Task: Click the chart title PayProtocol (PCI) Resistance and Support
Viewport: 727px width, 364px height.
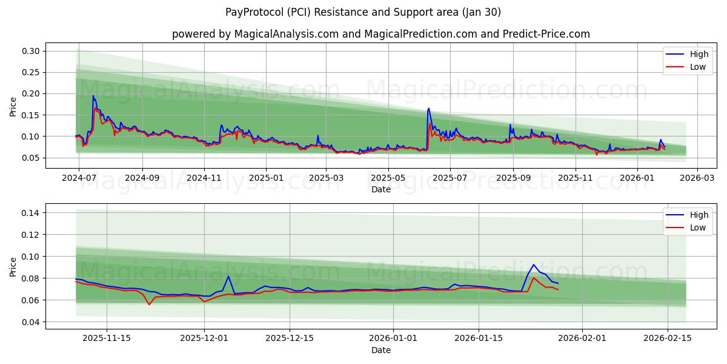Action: (363, 12)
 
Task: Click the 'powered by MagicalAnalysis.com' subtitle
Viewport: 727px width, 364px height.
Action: (255, 34)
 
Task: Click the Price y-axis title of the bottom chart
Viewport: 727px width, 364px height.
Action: (13, 267)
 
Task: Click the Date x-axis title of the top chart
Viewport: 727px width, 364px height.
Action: (381, 189)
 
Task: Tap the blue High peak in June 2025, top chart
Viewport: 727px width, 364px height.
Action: (429, 109)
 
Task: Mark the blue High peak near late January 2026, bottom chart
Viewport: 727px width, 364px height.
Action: (534, 265)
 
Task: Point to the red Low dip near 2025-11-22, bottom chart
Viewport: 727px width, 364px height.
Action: (149, 305)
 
